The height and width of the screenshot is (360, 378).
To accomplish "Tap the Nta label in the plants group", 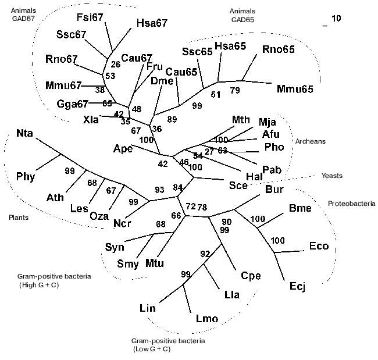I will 24,134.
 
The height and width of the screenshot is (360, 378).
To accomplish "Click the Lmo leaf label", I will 207,319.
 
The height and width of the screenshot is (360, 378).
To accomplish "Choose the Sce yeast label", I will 237,186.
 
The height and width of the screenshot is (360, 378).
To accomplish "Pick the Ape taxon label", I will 124,149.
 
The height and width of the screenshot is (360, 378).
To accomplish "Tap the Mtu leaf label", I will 154,263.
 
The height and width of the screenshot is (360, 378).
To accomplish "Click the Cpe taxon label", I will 251,276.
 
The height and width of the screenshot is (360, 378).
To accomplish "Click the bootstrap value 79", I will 234,90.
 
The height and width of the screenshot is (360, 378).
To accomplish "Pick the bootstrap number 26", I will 115,65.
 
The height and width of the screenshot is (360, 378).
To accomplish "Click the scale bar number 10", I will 336,19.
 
